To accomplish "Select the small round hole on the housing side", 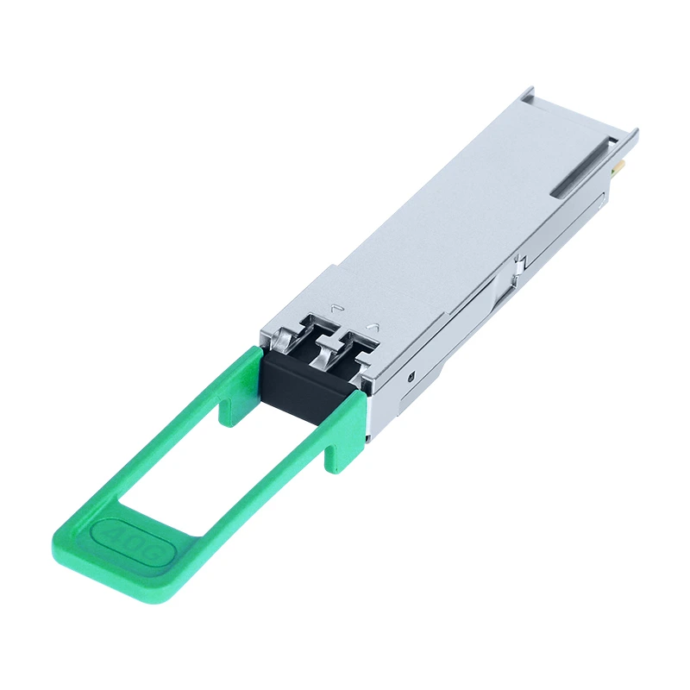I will (412, 376).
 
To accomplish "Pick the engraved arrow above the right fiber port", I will (373, 326).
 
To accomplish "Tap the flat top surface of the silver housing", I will (466, 216).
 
